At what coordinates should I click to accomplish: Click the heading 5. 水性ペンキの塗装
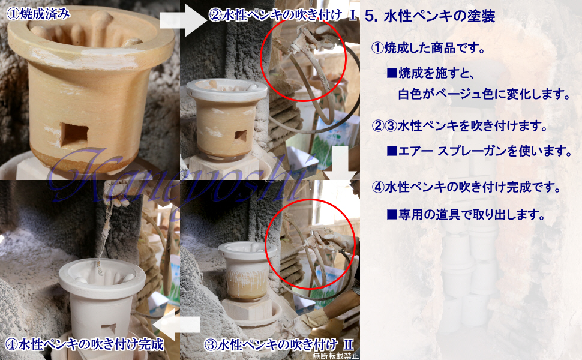point(430,17)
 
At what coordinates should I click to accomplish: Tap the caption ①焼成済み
point(38,14)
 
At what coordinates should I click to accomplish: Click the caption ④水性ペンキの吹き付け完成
point(85,344)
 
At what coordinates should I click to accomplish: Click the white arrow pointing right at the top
point(183,20)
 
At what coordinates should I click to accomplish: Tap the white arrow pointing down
point(340,163)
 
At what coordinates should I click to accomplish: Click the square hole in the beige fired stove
point(74,135)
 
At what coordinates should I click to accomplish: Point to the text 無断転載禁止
point(336,356)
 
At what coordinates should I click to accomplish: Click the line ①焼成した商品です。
point(428,48)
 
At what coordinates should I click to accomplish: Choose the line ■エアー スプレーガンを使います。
point(479,151)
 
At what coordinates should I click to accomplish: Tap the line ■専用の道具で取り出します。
point(466,215)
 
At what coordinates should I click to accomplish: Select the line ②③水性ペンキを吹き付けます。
point(460,126)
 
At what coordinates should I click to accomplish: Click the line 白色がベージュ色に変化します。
point(484,94)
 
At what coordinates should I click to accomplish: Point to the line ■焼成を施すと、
point(431,73)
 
